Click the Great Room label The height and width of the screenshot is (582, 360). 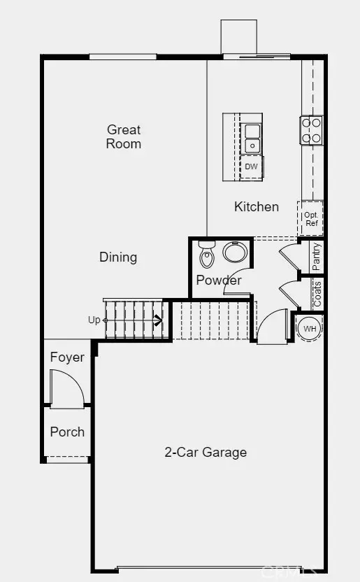pyautogui.click(x=124, y=136)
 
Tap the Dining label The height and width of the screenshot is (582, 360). pyautogui.click(x=118, y=257)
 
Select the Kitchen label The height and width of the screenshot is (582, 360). pyautogui.click(x=257, y=207)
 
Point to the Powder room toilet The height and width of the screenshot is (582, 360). pyautogui.click(x=206, y=254)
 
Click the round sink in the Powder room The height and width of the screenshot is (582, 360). pyautogui.click(x=235, y=252)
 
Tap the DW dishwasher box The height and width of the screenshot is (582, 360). pyautogui.click(x=252, y=167)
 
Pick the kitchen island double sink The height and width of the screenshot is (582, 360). pyautogui.click(x=252, y=138)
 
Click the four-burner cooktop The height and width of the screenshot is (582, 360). pyautogui.click(x=311, y=130)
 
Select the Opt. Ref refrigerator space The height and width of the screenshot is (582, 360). pyautogui.click(x=310, y=218)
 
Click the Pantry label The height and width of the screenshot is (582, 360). pyautogui.click(x=316, y=257)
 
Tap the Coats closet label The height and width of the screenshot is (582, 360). pyautogui.click(x=317, y=294)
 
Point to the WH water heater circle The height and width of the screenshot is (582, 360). pyautogui.click(x=310, y=329)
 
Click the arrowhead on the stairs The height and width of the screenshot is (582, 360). pyautogui.click(x=159, y=320)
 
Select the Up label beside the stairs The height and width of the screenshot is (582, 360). pyautogui.click(x=94, y=320)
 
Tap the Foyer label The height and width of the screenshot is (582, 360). pyautogui.click(x=67, y=357)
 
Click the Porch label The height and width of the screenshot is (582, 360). pyautogui.click(x=67, y=432)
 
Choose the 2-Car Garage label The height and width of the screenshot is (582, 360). pyautogui.click(x=206, y=452)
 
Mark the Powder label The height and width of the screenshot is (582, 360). pyautogui.click(x=218, y=280)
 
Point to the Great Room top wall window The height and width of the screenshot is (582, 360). pyautogui.click(x=123, y=57)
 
